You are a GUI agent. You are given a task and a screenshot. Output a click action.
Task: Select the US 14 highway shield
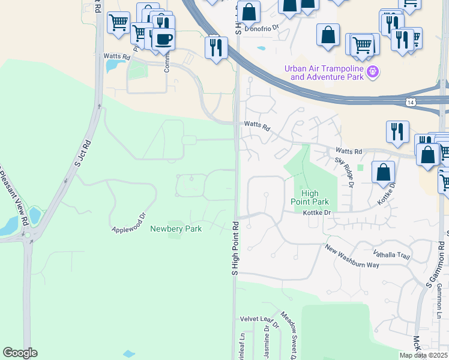pos(409,103)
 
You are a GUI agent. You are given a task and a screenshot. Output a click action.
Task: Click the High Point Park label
pos(310,197)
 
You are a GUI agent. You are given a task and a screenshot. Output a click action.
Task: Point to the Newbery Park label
pos(176,229)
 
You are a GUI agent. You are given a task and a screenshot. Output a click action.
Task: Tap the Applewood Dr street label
pos(129,222)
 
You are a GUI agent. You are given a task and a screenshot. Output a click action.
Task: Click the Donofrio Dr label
pos(267,28)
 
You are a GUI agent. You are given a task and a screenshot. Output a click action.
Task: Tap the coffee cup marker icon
pos(163,40)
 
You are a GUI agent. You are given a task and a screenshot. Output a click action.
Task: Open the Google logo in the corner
pos(20,353)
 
